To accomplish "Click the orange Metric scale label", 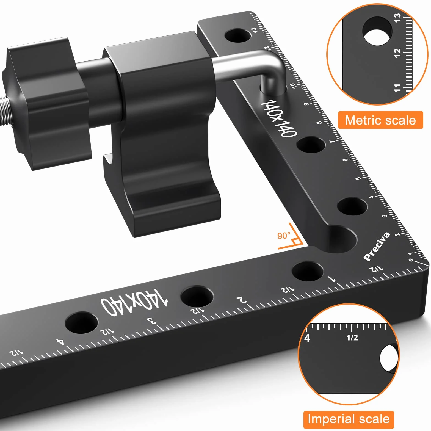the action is click(x=380, y=120).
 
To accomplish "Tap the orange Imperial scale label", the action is click(x=349, y=419).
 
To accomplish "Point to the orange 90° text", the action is click(x=284, y=236).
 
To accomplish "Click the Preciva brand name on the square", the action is click(x=377, y=246).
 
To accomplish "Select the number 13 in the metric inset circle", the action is click(x=397, y=18).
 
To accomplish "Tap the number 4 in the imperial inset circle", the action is click(x=307, y=338).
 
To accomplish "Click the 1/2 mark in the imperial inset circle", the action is click(x=352, y=338).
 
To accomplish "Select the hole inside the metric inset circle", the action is click(x=377, y=31).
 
